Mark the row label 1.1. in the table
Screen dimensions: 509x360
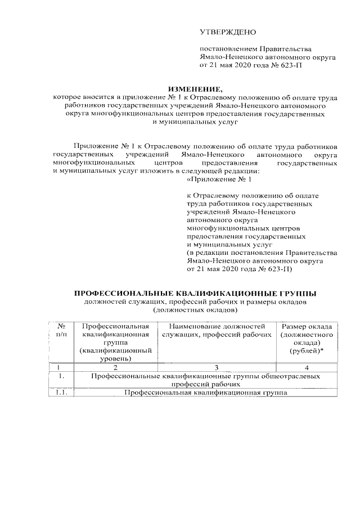pyautogui.click(x=62, y=393)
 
